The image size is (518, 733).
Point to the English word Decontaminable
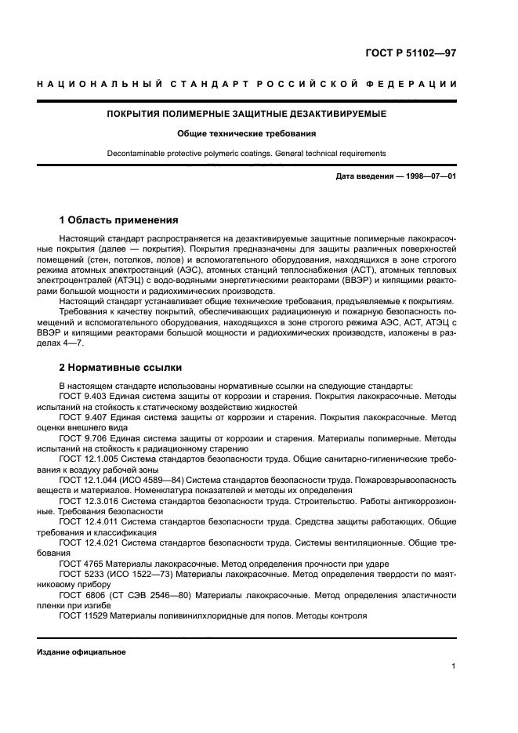click(x=136, y=154)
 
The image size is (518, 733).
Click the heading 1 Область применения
click(x=118, y=220)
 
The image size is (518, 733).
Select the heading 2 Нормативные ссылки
click(x=120, y=367)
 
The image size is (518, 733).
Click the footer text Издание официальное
click(x=81, y=651)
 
